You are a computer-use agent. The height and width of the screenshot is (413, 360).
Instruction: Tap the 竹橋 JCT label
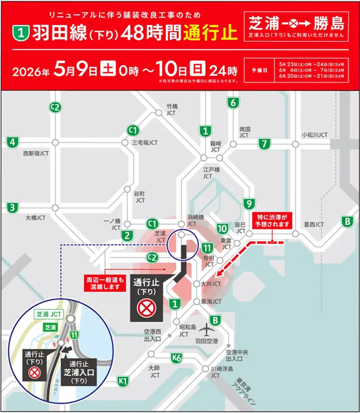171,109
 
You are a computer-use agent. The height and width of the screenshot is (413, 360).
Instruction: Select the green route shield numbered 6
233,103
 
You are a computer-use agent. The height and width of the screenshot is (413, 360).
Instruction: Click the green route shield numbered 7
264,144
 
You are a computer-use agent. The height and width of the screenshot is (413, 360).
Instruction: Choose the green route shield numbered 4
13,142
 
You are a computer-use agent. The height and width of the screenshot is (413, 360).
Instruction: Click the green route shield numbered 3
13,207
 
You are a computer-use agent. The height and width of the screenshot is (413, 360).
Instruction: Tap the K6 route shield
176,357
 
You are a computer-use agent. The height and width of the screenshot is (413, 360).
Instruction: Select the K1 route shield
123,381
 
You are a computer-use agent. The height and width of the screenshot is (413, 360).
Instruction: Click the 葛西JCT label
313,224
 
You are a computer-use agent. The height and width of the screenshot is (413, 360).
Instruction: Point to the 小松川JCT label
315,135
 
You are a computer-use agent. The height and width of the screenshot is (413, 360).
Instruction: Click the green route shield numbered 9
249,204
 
